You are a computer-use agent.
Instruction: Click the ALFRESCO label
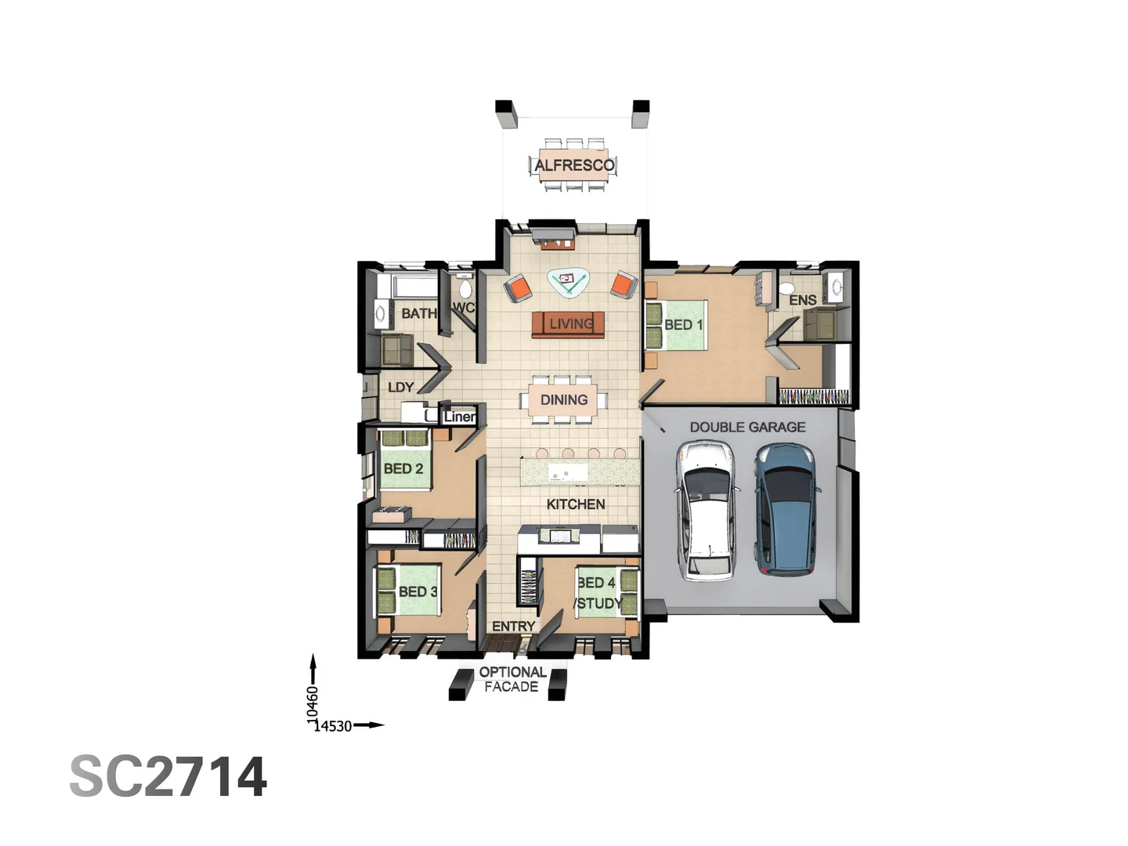pos(574,165)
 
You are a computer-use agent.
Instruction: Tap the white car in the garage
pos(707,510)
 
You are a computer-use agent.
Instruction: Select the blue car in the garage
pos(786,508)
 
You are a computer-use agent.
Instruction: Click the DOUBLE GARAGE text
pos(747,427)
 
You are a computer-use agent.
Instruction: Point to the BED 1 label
pos(683,324)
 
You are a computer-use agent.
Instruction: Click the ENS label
pos(802,300)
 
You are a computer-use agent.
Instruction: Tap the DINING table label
pos(564,399)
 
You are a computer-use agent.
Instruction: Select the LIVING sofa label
pos(570,324)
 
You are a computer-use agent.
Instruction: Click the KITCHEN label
pos(576,504)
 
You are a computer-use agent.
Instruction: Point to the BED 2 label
pos(403,468)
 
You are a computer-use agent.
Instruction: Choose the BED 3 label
pos(418,591)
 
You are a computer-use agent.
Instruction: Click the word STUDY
pos(598,603)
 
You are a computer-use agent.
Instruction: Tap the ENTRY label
pos(513,626)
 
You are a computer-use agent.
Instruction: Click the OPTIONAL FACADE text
pos(512,679)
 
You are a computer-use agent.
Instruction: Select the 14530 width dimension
pos(333,726)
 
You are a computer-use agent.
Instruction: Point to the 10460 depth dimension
pos(313,704)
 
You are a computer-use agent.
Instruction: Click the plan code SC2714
pos(168,777)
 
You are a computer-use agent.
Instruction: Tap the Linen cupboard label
pos(459,417)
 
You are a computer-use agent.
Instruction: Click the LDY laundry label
pos(400,387)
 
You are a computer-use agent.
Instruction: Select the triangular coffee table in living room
pos(569,280)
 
